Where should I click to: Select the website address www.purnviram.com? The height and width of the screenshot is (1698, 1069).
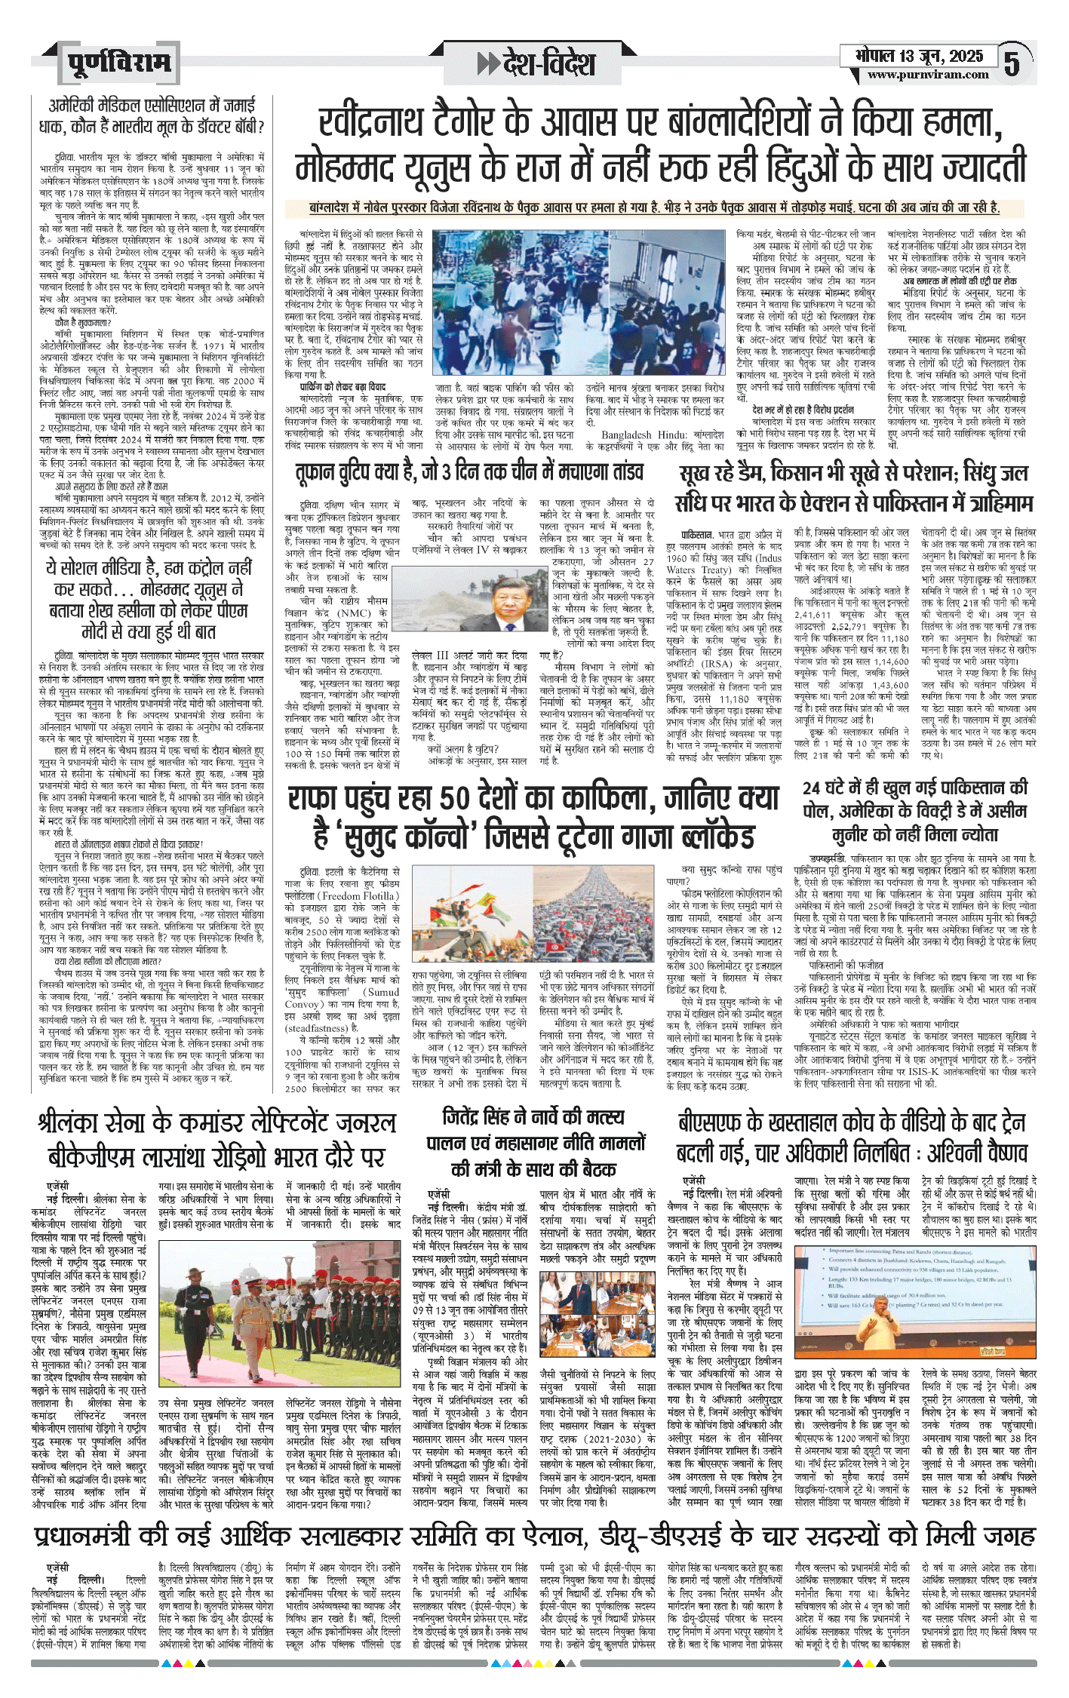[927, 75]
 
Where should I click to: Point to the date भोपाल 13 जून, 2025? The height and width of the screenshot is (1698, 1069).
[919, 56]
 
